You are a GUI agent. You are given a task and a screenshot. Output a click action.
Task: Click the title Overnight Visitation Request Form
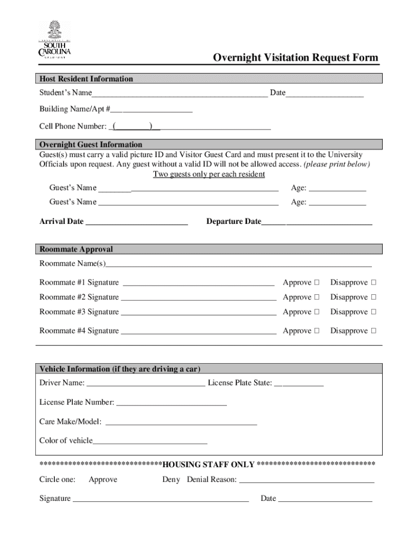tap(295, 58)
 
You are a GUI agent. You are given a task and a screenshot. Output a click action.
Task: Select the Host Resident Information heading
tap(86, 79)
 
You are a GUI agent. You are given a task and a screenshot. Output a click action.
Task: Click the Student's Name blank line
tap(179, 94)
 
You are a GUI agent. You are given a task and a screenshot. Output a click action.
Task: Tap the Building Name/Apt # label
tap(74, 109)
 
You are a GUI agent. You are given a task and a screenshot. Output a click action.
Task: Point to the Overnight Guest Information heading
tap(91, 145)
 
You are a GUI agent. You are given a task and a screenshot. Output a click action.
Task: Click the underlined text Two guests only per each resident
tap(209, 175)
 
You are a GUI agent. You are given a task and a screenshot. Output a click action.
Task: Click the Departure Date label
tap(233, 222)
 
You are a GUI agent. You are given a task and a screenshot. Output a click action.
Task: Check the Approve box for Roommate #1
tap(317, 282)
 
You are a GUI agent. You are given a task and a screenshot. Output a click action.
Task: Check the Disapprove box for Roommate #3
tap(373, 312)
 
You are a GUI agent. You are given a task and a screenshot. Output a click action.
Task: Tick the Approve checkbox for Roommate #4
tap(317, 331)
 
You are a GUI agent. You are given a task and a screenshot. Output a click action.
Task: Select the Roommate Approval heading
tap(76, 249)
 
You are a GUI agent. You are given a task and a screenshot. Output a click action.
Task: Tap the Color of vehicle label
tap(66, 441)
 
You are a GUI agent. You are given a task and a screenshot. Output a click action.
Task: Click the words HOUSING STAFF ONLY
tap(208, 464)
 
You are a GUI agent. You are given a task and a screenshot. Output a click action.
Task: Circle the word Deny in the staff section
tap(171, 480)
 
